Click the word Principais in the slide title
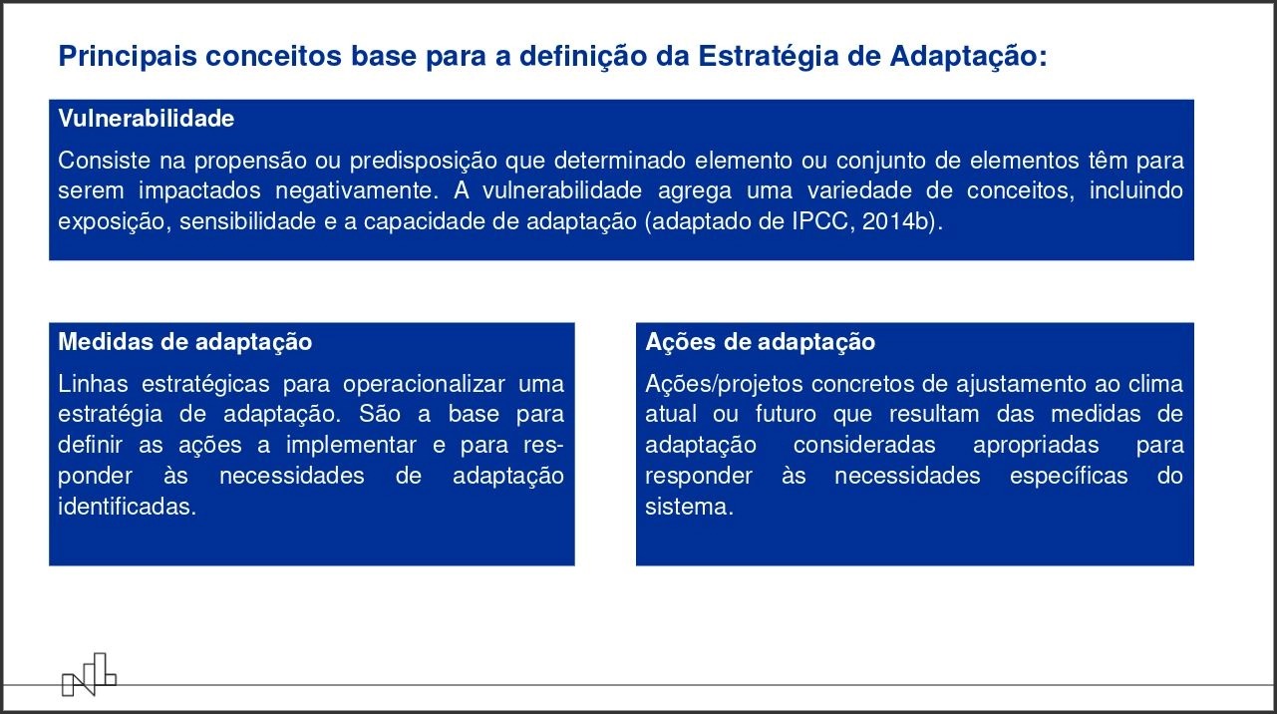tap(128, 57)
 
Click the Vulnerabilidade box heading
tap(146, 119)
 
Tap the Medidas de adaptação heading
tap(185, 342)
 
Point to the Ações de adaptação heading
tap(760, 342)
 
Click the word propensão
tap(251, 162)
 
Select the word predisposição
tap(424, 162)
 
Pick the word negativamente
tap(357, 191)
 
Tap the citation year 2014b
tap(895, 221)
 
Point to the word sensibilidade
tap(247, 221)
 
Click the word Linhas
tap(93, 384)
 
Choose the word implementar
tap(351, 446)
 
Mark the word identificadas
tap(127, 507)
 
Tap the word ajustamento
tap(1021, 385)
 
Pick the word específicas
tap(1069, 477)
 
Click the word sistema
tap(689, 507)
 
